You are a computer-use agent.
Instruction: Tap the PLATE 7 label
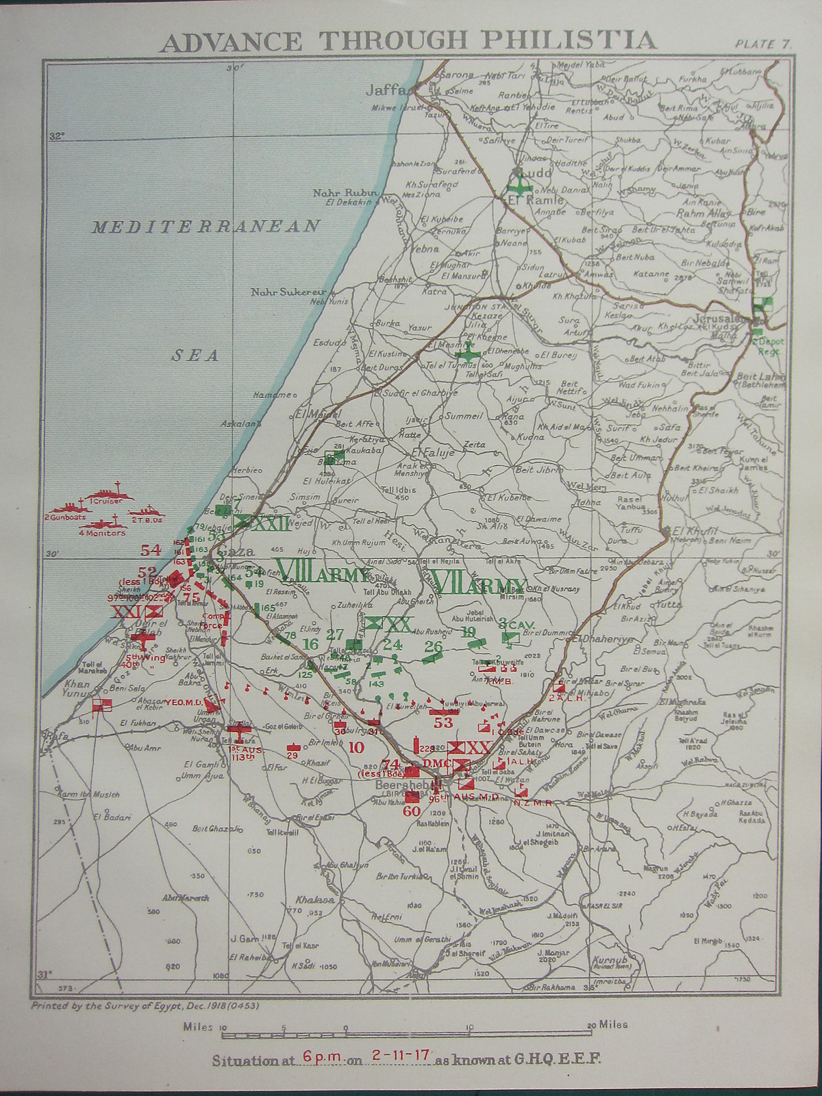764,43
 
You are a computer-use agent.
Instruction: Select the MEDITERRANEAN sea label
206,227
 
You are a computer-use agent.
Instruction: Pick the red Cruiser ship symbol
103,495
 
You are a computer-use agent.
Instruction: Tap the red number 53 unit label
443,721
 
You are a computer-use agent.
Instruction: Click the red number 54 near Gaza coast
150,549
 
